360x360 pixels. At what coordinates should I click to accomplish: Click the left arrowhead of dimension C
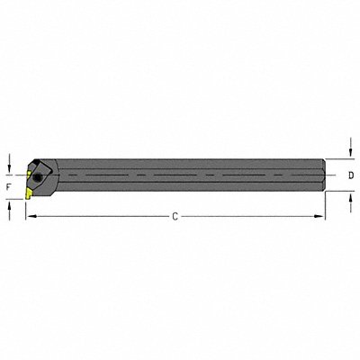tap(28, 217)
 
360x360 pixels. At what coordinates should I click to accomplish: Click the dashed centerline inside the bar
tap(180, 172)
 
